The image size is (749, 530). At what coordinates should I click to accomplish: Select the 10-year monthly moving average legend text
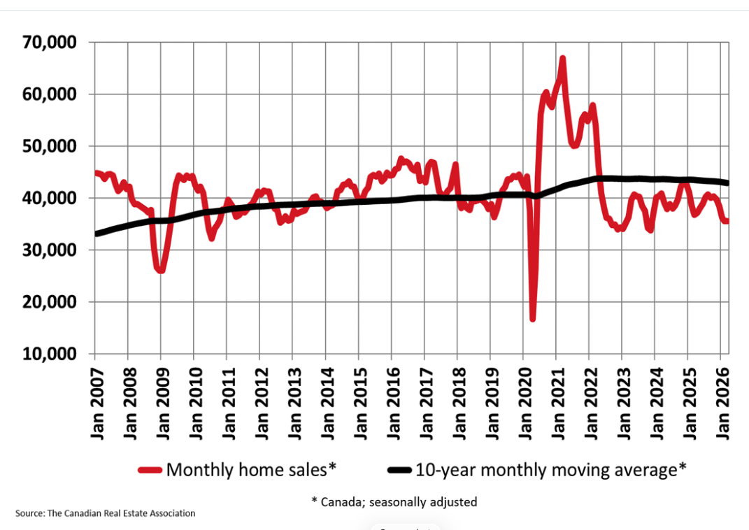click(546, 469)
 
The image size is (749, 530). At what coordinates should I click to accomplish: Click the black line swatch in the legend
click(399, 470)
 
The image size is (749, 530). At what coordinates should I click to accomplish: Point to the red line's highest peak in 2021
click(562, 59)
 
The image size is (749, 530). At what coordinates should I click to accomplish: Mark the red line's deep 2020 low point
click(533, 318)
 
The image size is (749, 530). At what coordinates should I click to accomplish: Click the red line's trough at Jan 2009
click(161, 270)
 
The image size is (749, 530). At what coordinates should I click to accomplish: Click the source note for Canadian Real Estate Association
click(105, 513)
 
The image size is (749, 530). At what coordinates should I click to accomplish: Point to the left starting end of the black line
click(97, 234)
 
